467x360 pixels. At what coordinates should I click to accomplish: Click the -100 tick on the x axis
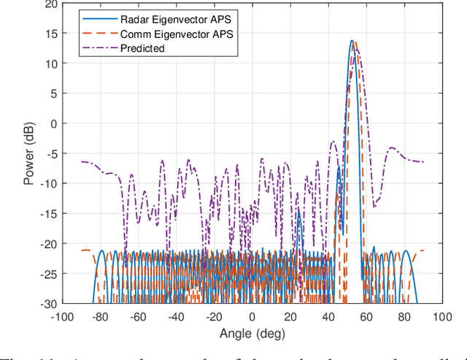[62, 318]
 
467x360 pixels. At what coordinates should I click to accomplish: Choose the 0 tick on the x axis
[252, 318]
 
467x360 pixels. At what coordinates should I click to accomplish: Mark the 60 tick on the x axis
[366, 318]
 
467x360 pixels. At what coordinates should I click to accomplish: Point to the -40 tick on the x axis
[176, 318]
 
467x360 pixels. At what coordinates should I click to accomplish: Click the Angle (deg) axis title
[252, 334]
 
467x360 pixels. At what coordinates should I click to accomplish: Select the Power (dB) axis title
[28, 153]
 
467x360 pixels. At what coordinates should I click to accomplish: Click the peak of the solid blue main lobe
[352, 41]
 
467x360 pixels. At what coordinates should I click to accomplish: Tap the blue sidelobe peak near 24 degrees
[298, 210]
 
